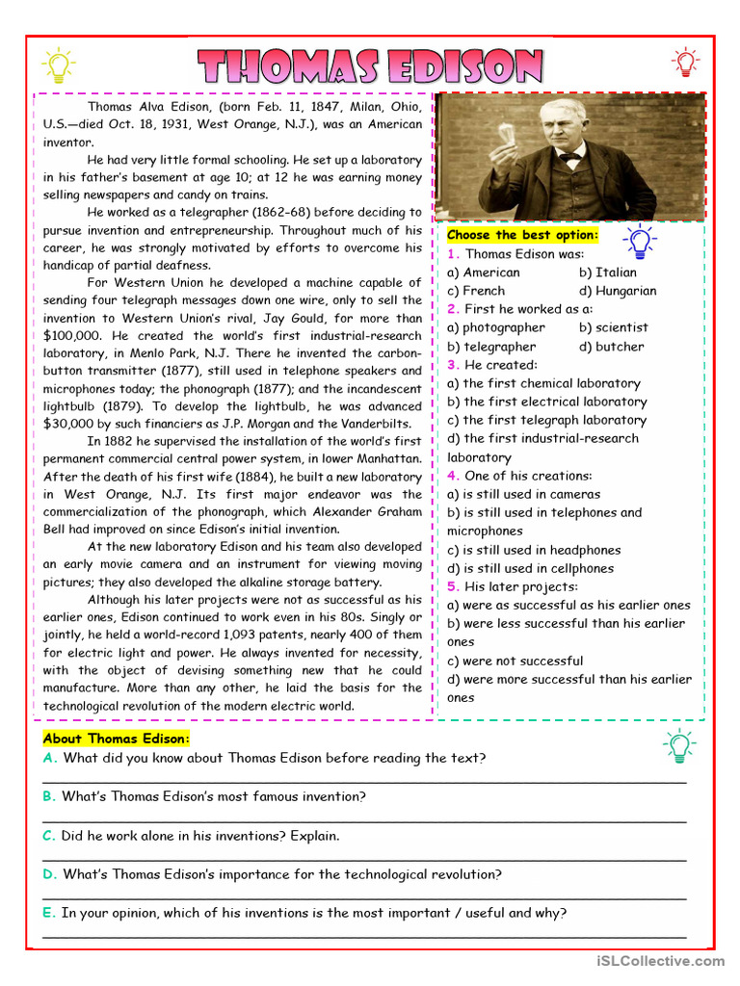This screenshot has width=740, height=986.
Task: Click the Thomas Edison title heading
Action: click(371, 66)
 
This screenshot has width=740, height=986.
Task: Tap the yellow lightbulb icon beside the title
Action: click(58, 65)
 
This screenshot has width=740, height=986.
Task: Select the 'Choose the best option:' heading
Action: click(522, 235)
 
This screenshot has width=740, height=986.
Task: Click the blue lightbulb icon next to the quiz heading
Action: click(639, 240)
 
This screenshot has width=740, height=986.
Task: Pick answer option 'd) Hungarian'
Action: click(618, 291)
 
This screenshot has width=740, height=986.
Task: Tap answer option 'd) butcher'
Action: click(612, 347)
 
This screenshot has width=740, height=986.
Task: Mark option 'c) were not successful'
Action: click(515, 661)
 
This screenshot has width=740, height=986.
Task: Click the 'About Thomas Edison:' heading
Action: click(117, 739)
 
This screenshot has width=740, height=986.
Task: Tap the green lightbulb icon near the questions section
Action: click(677, 746)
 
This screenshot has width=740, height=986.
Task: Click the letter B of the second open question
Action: click(48, 797)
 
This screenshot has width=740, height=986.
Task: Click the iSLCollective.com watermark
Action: click(660, 960)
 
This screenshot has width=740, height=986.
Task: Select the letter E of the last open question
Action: click(48, 913)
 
